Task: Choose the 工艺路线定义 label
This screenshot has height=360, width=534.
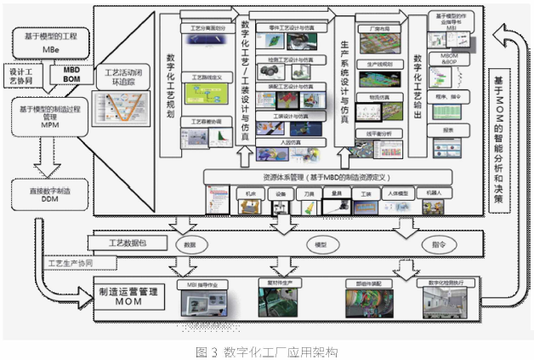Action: click(201, 77)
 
